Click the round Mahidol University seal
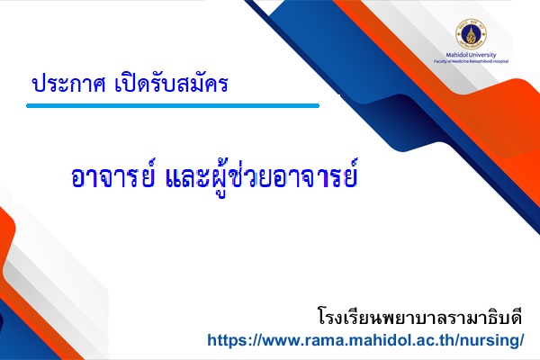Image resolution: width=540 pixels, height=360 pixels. tap(471, 34)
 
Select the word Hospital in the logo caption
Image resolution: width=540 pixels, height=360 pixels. tap(501, 61)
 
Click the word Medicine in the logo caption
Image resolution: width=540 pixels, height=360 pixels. tap(457, 61)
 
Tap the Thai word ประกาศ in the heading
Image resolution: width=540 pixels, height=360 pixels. tap(68, 84)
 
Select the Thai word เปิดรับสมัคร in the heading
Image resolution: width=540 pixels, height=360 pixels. tap(171, 84)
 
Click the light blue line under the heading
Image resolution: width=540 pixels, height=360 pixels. tap(173, 106)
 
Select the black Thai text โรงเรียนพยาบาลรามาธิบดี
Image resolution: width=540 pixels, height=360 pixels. tap(419, 317)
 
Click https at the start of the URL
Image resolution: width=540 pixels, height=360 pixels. tap(226, 340)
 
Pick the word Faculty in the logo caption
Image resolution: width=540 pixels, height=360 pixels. tap(440, 61)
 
